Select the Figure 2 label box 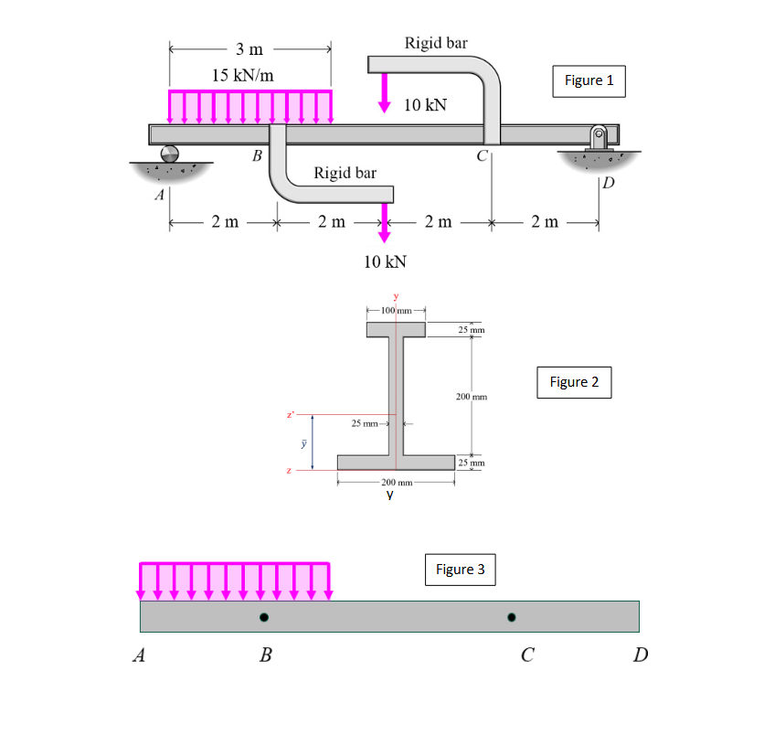click(x=574, y=382)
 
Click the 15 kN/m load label click(x=242, y=75)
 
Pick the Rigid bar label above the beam click(x=435, y=42)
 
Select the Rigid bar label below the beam click(x=345, y=173)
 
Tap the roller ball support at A click(x=169, y=153)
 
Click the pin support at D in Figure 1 click(x=600, y=138)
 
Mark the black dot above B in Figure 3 click(x=264, y=618)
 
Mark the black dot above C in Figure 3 click(x=512, y=618)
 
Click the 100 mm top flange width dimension click(x=395, y=311)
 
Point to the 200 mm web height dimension click(x=472, y=397)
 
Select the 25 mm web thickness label click(x=367, y=423)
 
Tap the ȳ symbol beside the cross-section click(x=294, y=442)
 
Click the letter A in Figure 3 click(x=139, y=655)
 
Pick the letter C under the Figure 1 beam click(x=481, y=154)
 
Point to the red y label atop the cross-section click(x=396, y=296)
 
